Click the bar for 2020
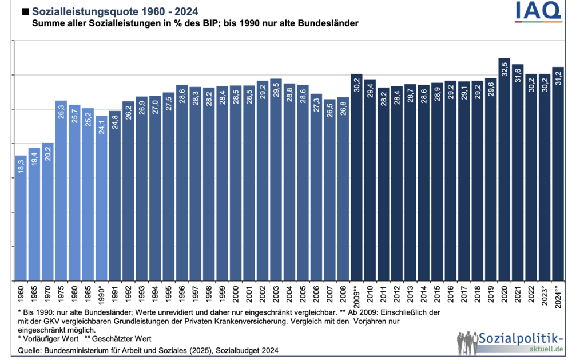(504, 172)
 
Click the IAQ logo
(538, 12)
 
